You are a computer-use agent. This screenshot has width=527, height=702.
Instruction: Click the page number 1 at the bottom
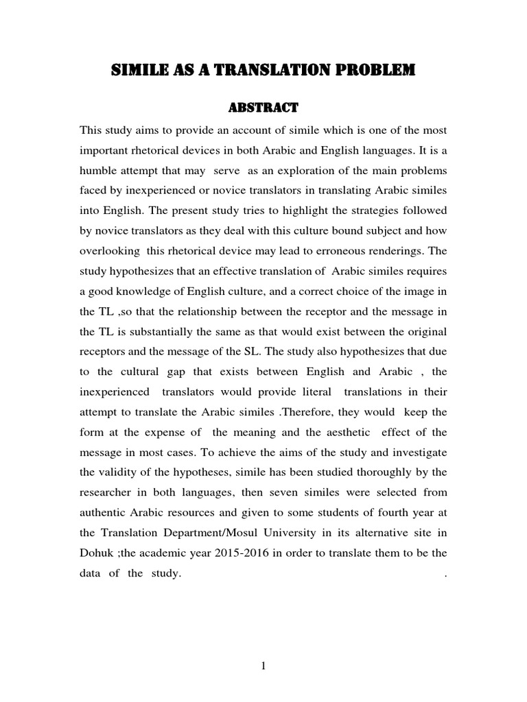click(x=263, y=664)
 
